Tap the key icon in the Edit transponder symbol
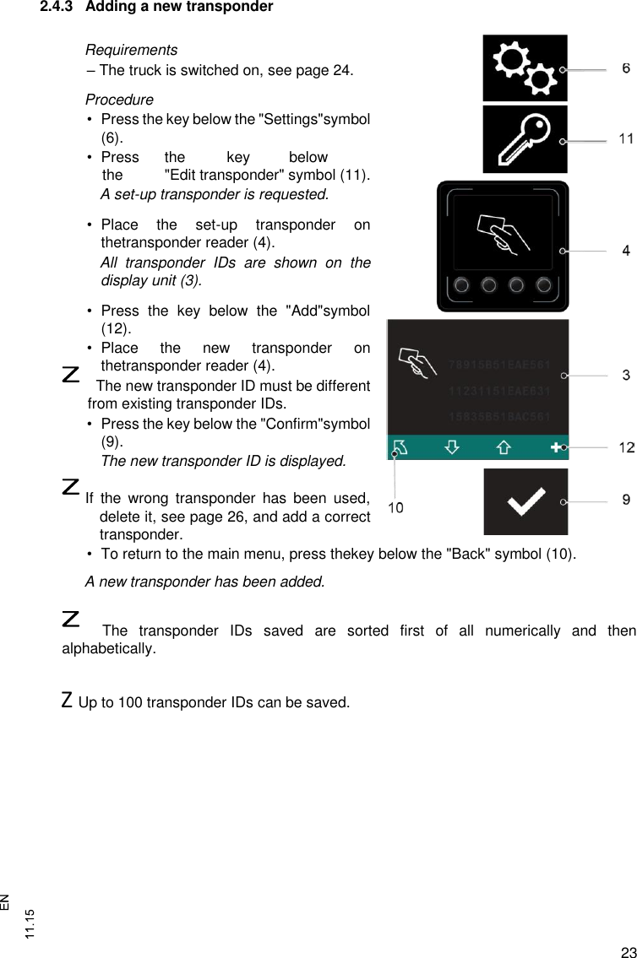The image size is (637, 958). pyautogui.click(x=524, y=140)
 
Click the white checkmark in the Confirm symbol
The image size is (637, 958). pyautogui.click(x=525, y=504)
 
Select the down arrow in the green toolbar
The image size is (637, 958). pyautogui.click(x=452, y=447)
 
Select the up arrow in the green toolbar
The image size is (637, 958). pyautogui.click(x=503, y=447)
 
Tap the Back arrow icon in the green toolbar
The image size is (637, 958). pyautogui.click(x=400, y=447)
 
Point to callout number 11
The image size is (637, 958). pyautogui.click(x=626, y=138)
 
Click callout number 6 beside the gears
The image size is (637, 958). pyautogui.click(x=626, y=68)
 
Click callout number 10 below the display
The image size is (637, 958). pyautogui.click(x=395, y=507)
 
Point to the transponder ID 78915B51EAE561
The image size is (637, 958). pyautogui.click(x=499, y=365)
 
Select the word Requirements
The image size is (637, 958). pyautogui.click(x=131, y=51)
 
